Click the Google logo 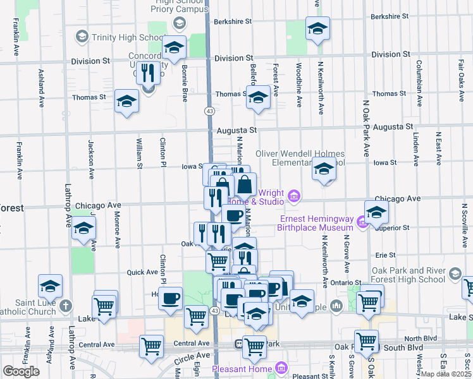coord(21,371)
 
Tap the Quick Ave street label coord(142,272)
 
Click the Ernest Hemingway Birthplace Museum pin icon coord(361,222)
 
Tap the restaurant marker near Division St coord(148,73)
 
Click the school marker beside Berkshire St coord(317,28)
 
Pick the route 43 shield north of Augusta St coord(209,111)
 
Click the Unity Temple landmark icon coord(336,306)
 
